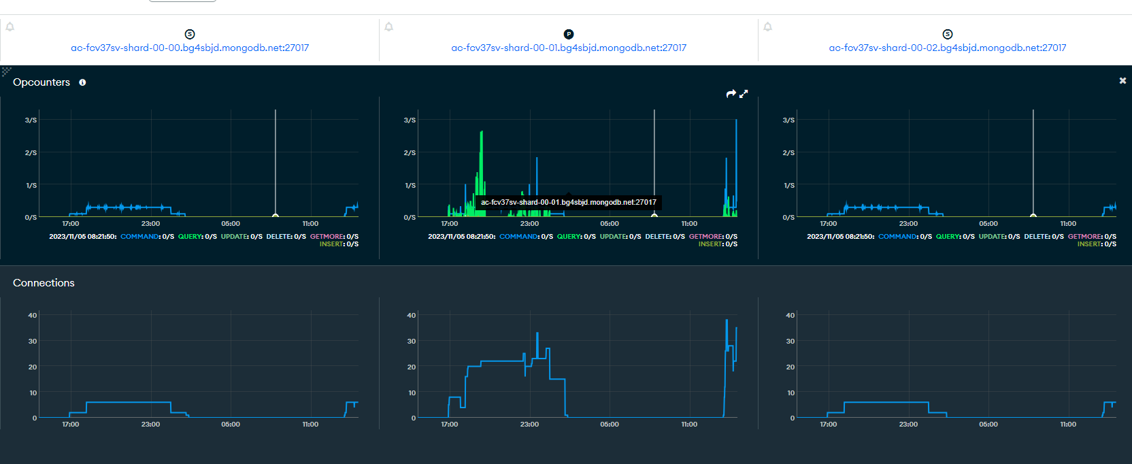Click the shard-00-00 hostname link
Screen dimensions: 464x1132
click(x=190, y=48)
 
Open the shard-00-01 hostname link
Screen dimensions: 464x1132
click(x=569, y=48)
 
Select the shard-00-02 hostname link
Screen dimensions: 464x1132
click(x=948, y=48)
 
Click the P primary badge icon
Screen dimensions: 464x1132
click(x=569, y=34)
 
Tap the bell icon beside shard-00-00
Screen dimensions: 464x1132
click(x=10, y=27)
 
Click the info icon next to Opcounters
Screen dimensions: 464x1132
click(x=82, y=82)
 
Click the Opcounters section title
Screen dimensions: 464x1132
click(x=41, y=82)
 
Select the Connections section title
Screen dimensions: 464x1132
click(x=44, y=283)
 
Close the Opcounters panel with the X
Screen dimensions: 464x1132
click(x=1122, y=80)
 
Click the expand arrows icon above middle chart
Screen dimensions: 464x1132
click(x=744, y=94)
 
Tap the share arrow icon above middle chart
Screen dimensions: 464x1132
click(x=731, y=94)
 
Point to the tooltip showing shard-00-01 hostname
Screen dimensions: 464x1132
click(x=569, y=202)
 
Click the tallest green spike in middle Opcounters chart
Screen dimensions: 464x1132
click(x=482, y=136)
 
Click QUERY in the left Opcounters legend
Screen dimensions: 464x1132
click(x=190, y=237)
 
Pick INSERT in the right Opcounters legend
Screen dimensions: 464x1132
click(x=1090, y=244)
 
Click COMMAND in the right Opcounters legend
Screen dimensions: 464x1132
click(x=898, y=237)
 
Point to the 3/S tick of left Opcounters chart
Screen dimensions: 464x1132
click(x=31, y=120)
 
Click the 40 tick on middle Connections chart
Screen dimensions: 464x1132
click(x=411, y=315)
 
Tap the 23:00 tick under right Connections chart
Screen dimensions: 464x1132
click(x=908, y=425)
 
